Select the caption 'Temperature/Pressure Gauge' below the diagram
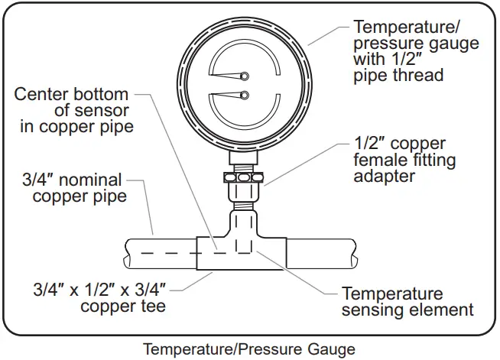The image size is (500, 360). pos(248,349)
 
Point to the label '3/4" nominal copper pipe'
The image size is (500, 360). pos(73,188)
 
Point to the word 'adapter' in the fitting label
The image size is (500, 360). pos(385,177)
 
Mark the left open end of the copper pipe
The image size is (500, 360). pos(128,254)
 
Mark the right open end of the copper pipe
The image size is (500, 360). pos(356,254)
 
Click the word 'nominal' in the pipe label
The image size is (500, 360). pos(93,180)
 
